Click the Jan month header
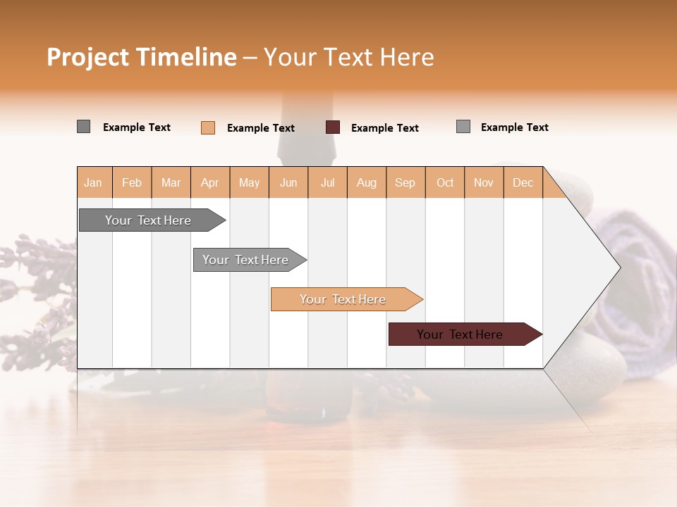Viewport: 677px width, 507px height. (x=94, y=182)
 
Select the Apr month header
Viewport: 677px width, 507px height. (x=210, y=182)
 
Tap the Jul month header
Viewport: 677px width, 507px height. (x=327, y=182)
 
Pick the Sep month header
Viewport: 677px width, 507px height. (x=405, y=182)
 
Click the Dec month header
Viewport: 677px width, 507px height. (x=523, y=182)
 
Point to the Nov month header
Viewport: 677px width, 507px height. (x=484, y=182)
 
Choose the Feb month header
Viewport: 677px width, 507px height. (x=132, y=182)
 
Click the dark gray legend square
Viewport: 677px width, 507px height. (x=83, y=127)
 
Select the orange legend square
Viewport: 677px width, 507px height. (x=208, y=127)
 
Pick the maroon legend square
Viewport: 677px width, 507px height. (x=333, y=127)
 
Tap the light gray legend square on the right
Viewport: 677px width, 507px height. (x=463, y=127)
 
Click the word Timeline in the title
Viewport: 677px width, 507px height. (x=185, y=57)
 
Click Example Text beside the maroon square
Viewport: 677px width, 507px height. (x=385, y=128)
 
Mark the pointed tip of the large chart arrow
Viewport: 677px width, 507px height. (x=619, y=268)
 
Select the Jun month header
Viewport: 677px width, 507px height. (x=288, y=182)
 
